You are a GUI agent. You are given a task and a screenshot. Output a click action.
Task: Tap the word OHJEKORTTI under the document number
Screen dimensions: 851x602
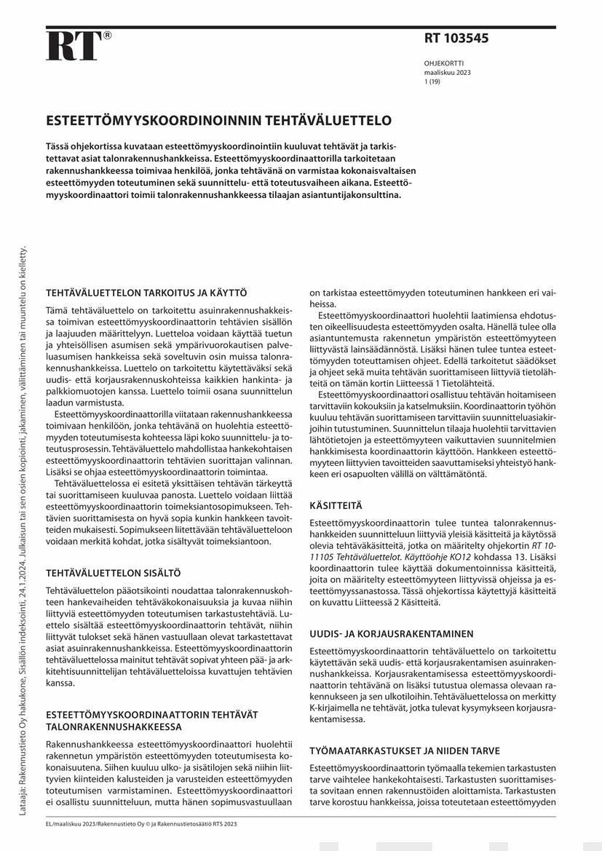[443, 64]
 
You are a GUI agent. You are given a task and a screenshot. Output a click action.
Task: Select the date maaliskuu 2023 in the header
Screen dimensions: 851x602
[448, 73]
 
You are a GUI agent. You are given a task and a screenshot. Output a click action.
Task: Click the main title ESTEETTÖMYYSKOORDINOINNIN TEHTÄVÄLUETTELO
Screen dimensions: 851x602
[219, 120]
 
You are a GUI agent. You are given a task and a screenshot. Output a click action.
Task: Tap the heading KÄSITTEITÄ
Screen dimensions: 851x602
[336, 504]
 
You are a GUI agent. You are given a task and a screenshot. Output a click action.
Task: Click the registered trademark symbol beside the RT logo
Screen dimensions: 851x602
[108, 35]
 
